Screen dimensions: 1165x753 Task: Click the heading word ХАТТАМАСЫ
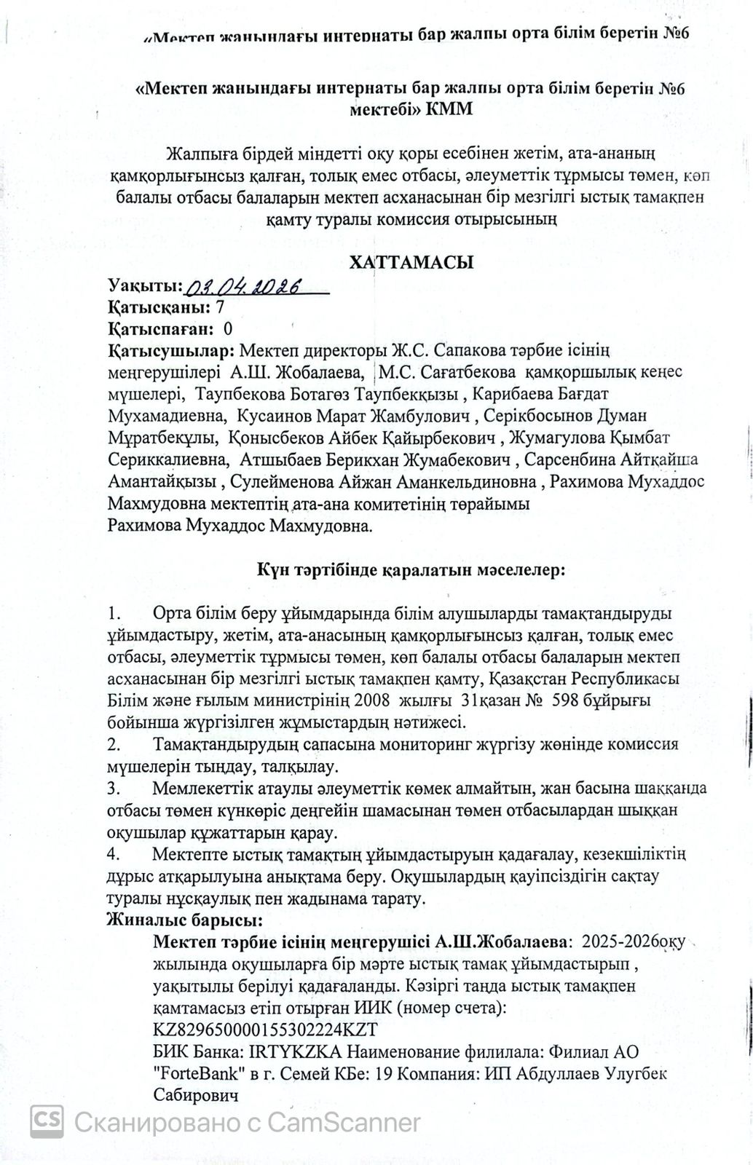coord(411,262)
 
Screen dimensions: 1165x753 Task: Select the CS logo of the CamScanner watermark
coord(46,1121)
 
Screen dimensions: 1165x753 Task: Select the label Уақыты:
coord(146,285)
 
